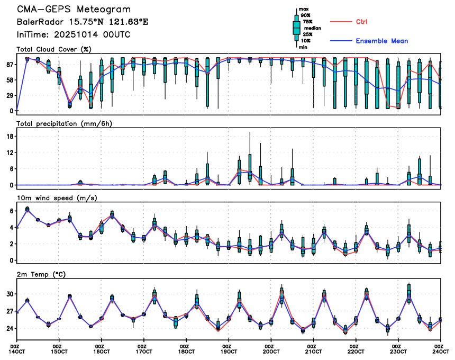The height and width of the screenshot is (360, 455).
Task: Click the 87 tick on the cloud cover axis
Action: (10, 64)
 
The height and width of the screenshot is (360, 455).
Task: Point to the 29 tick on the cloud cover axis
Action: (10, 95)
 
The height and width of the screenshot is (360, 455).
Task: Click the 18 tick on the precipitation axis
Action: (10, 136)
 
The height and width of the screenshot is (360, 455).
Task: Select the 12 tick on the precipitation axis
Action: (10, 152)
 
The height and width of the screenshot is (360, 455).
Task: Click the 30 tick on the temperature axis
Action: (10, 294)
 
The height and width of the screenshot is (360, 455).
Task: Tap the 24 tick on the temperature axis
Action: (10, 328)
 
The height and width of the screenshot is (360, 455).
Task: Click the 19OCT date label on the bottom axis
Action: (228, 351)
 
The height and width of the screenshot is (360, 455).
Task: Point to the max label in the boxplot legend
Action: (304, 9)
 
